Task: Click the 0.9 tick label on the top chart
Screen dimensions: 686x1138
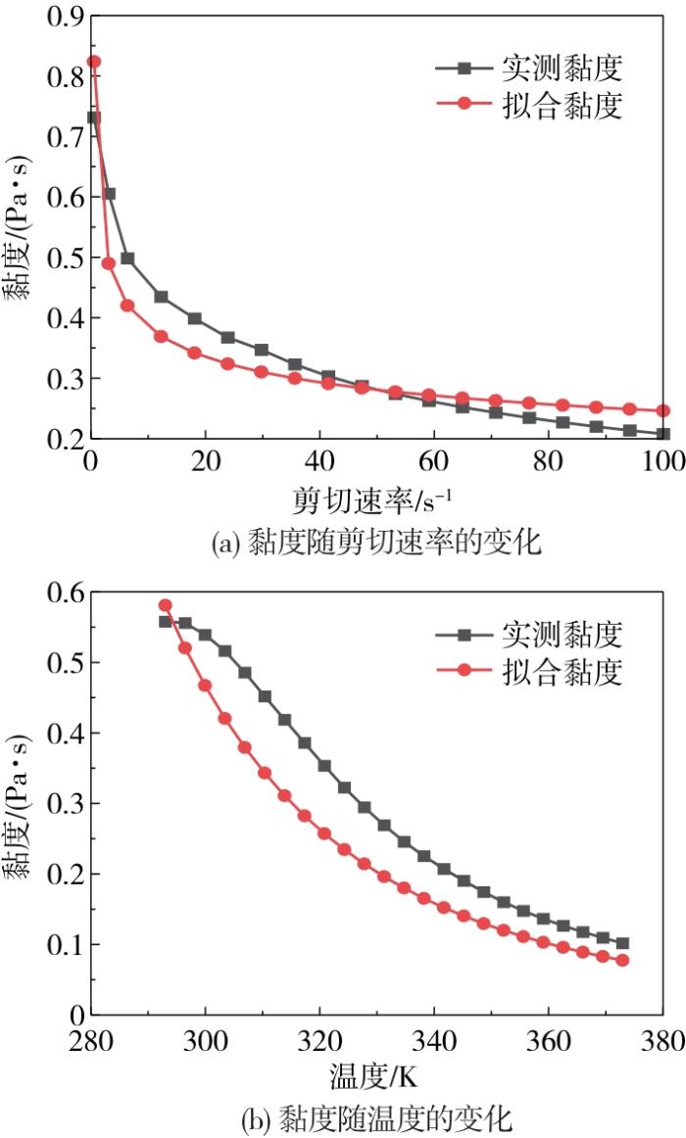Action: point(66,16)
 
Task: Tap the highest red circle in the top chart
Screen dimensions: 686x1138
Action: point(94,62)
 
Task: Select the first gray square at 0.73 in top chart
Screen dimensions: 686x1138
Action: point(94,118)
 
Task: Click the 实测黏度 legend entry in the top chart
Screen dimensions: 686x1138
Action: point(529,69)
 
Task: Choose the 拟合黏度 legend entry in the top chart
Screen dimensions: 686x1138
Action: point(529,105)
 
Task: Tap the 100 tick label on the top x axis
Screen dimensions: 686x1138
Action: point(662,461)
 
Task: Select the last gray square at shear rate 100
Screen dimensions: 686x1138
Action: point(662,434)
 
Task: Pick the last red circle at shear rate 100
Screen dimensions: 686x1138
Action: point(662,410)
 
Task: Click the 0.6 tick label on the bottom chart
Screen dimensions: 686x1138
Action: point(66,593)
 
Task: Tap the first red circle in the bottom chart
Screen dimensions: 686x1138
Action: point(165,605)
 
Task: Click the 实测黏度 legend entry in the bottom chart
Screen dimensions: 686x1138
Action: point(529,635)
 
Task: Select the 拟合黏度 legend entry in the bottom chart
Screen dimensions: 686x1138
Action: point(529,671)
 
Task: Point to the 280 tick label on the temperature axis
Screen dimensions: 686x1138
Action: point(91,1041)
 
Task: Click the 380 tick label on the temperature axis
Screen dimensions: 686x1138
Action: point(662,1041)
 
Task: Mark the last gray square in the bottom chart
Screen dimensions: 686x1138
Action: point(622,943)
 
